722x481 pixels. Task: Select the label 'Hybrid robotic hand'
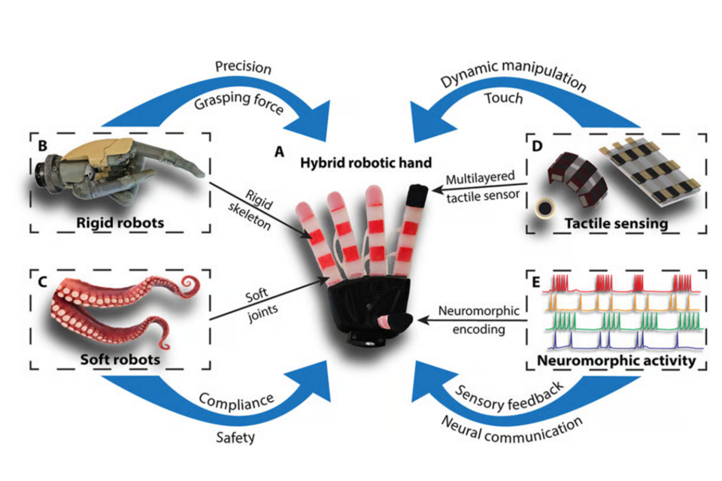pyautogui.click(x=345, y=163)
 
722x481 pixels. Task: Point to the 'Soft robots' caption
pyautogui.click(x=121, y=358)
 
